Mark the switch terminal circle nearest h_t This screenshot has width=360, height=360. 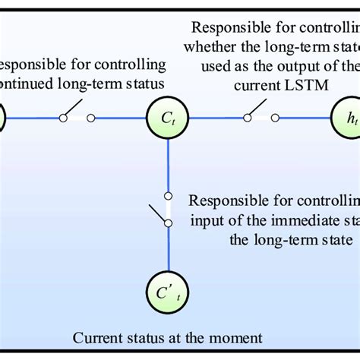[276, 118]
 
